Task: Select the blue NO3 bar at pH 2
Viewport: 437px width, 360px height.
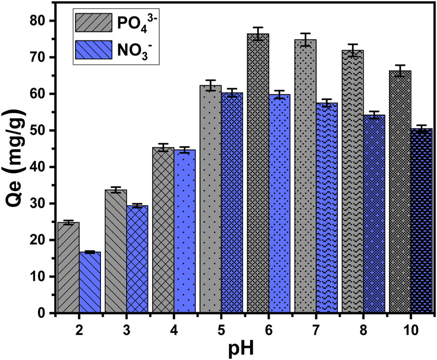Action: click(90, 282)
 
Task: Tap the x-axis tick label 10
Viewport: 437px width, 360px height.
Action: click(411, 330)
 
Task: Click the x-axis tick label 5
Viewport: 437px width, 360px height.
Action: click(221, 330)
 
